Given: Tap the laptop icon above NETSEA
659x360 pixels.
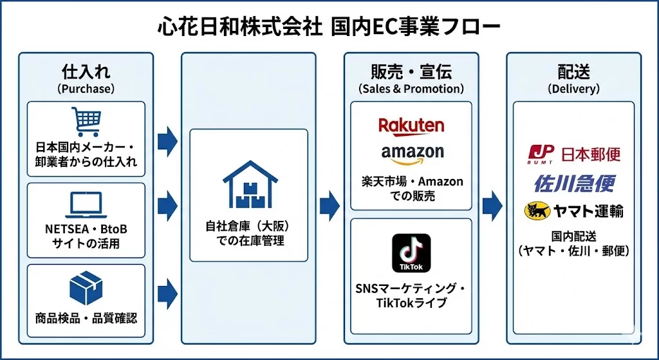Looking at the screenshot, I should coord(86,205).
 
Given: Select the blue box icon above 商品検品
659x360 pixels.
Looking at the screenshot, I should coord(86,287).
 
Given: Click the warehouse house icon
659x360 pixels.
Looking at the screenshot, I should coord(249,184).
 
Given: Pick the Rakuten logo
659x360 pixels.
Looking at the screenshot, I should coord(411,125).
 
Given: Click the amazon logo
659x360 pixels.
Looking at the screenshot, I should coord(412,153).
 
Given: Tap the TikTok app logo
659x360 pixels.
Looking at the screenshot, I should coord(411,252).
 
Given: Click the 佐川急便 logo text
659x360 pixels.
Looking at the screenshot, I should coord(574,183).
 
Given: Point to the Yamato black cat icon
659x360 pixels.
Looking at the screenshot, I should coord(539,211).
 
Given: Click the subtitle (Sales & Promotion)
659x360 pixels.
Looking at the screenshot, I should coord(411,89).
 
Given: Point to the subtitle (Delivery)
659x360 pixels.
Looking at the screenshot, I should coord(573,89).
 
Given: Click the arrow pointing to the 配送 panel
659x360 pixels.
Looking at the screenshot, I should coord(492,205).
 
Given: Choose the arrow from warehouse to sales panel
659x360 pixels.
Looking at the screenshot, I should coord(329,205).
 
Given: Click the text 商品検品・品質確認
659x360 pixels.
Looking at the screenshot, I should coord(86,317).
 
